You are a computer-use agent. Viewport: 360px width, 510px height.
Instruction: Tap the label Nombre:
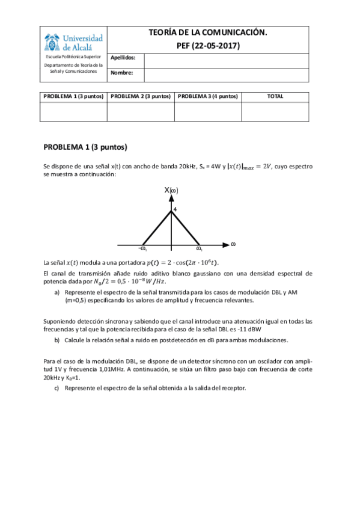point(121,73)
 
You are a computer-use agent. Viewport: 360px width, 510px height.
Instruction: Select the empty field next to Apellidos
point(226,60)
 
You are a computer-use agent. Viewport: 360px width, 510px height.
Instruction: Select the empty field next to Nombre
point(226,75)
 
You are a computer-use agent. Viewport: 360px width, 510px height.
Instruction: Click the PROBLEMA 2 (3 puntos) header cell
point(141,96)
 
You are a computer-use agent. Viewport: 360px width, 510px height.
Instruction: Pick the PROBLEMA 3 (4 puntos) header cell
point(208,96)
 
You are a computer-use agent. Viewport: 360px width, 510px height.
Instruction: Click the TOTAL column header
point(275,96)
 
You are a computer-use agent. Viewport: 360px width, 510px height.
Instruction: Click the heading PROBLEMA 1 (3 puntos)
point(85,147)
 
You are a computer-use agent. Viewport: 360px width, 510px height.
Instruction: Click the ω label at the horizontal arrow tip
point(233,244)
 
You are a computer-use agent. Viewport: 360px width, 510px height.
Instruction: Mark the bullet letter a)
point(56,292)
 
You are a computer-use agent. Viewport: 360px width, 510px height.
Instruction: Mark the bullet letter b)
point(56,340)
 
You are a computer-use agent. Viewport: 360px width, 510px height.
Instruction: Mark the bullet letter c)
point(56,388)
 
